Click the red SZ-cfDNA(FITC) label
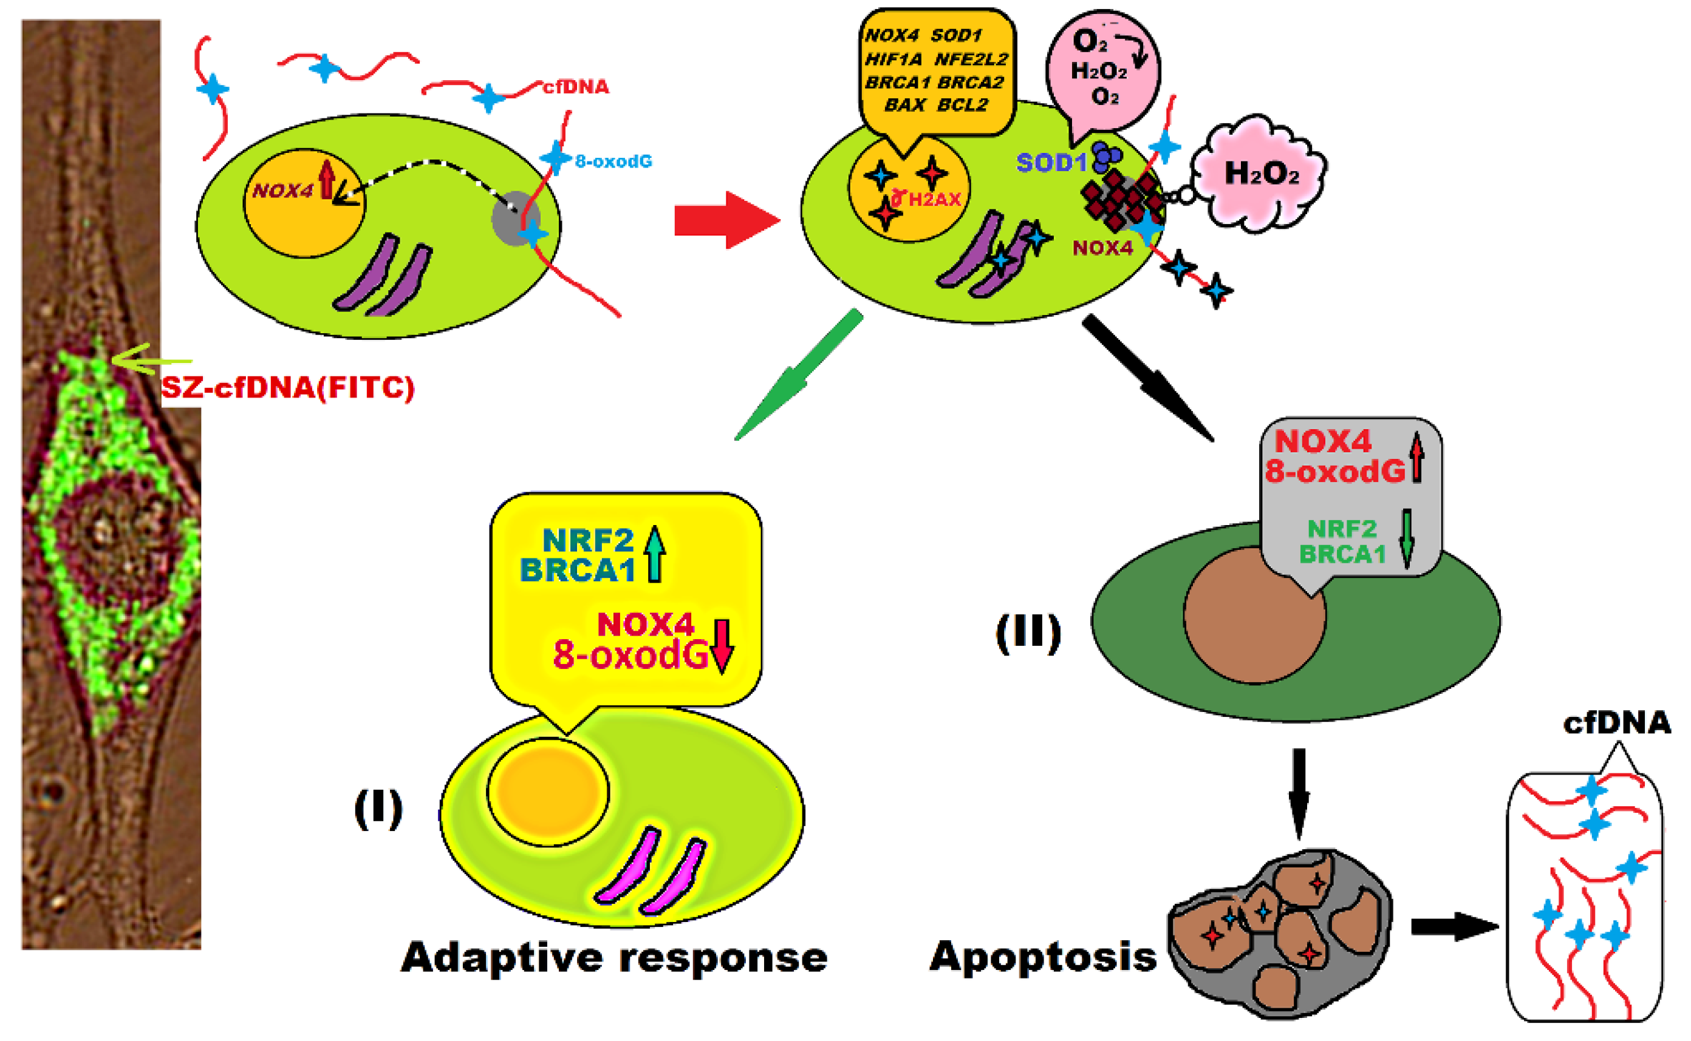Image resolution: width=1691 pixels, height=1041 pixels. click(287, 388)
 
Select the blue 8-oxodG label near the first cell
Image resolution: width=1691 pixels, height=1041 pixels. click(613, 161)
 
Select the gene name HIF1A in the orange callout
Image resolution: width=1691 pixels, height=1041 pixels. click(893, 60)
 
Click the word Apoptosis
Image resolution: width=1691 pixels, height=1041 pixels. click(1043, 957)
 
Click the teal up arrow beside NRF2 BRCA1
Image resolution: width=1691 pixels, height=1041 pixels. click(654, 554)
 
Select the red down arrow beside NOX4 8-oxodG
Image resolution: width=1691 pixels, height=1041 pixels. click(721, 645)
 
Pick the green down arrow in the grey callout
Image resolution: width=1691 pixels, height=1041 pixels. click(1407, 538)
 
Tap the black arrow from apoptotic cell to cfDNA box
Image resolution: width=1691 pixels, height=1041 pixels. click(1454, 927)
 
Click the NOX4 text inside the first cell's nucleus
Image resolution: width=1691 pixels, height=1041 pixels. click(283, 191)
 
